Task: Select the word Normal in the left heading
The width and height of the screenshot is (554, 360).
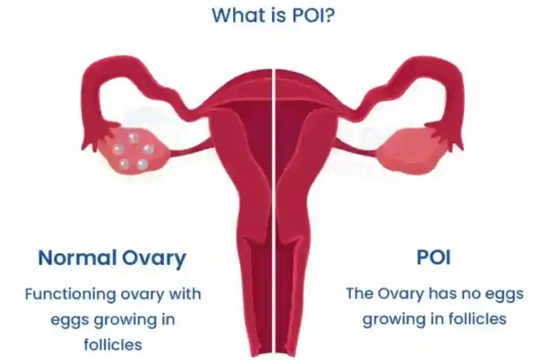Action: (x=78, y=258)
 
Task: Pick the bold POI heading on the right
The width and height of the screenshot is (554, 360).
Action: (x=434, y=258)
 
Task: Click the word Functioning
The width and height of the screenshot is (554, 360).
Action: (x=71, y=294)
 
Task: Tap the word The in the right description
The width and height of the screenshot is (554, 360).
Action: (x=359, y=294)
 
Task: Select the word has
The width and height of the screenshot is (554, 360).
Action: (x=441, y=294)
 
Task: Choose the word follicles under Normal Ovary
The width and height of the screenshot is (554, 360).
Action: (x=113, y=344)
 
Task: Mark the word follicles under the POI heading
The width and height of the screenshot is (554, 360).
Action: (x=477, y=319)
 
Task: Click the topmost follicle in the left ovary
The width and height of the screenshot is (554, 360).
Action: (x=133, y=138)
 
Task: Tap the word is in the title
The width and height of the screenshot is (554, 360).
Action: (x=278, y=15)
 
